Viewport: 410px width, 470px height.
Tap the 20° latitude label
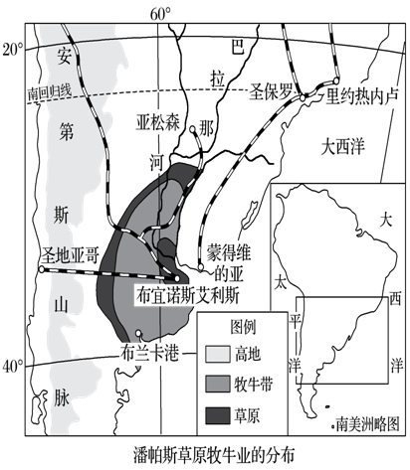click(x=12, y=48)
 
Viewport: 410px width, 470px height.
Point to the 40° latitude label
click(x=12, y=366)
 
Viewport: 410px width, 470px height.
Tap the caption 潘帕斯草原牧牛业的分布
click(x=205, y=454)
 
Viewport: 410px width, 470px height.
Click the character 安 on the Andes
click(x=64, y=54)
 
